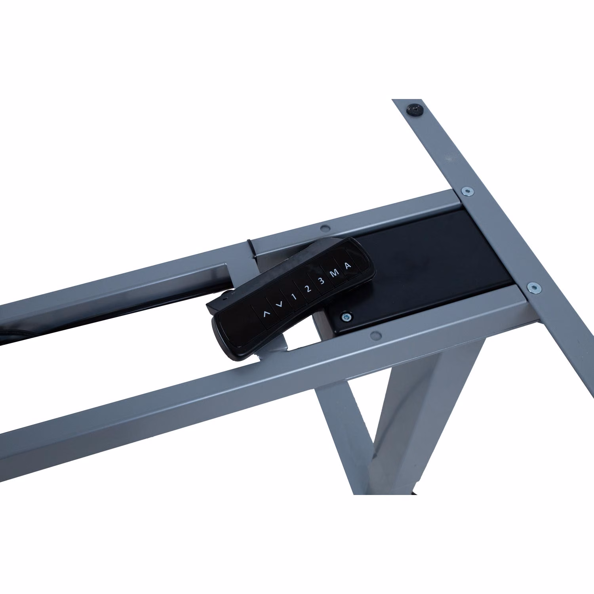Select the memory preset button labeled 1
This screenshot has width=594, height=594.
point(293,296)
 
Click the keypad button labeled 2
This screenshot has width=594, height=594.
point(308,289)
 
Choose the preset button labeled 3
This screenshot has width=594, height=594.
point(321,281)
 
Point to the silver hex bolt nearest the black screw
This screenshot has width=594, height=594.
point(469,191)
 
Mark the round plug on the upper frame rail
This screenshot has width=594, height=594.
point(325,228)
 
